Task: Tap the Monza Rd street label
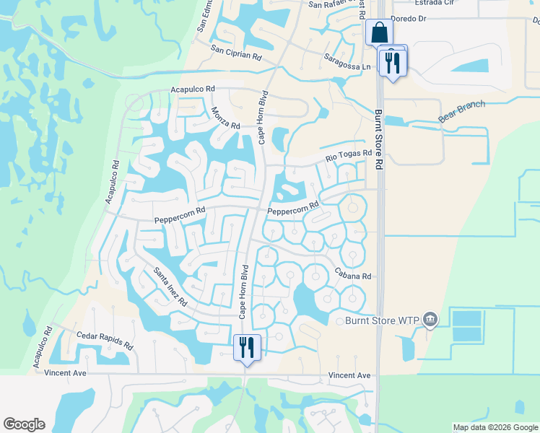pyautogui.click(x=225, y=117)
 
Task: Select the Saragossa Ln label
pyautogui.click(x=347, y=61)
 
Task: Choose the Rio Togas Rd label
pyautogui.click(x=348, y=156)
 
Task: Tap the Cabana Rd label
pyautogui.click(x=352, y=274)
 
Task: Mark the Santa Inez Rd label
pyautogui.click(x=170, y=287)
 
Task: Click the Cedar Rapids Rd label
pyautogui.click(x=105, y=340)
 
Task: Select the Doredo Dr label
pyautogui.click(x=410, y=18)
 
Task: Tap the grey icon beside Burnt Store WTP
pyautogui.click(x=430, y=319)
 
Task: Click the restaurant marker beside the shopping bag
pyautogui.click(x=393, y=62)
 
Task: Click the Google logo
pyautogui.click(x=24, y=424)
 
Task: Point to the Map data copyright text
pyautogui.click(x=495, y=427)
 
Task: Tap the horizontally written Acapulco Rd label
pyautogui.click(x=193, y=89)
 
